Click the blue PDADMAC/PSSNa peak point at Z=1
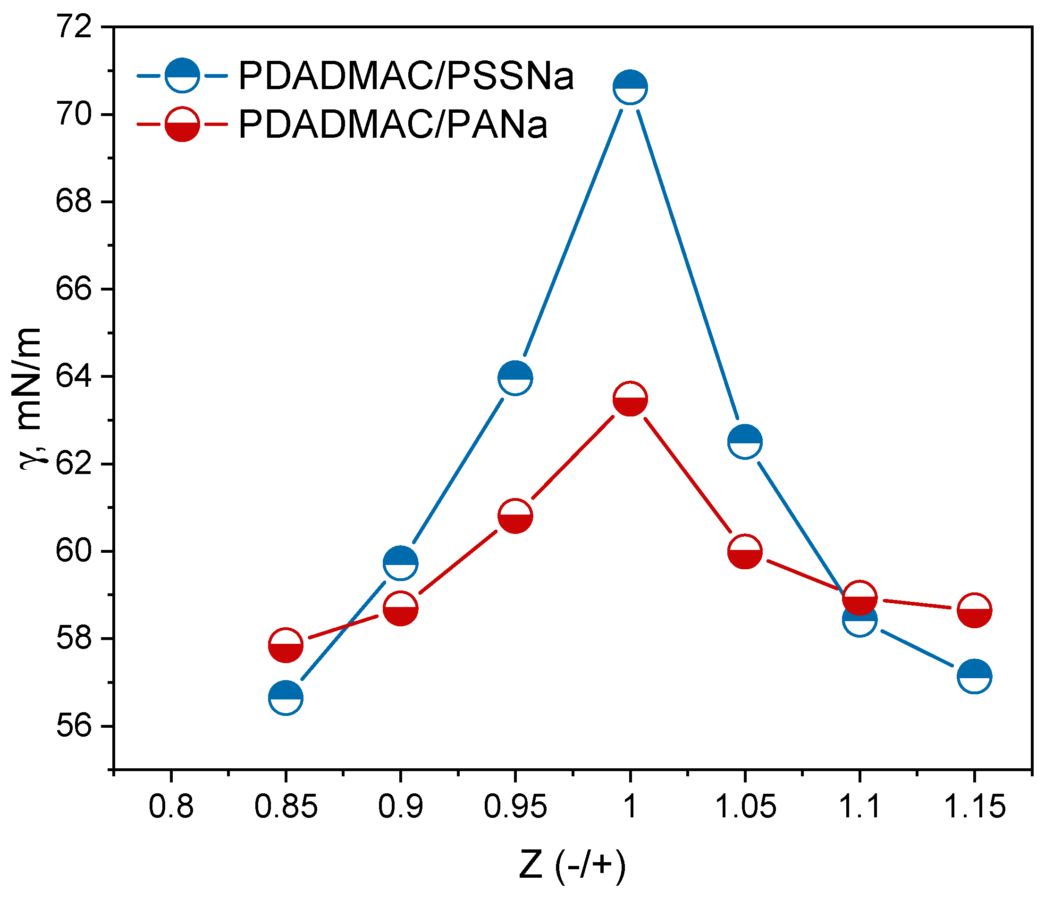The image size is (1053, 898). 630,87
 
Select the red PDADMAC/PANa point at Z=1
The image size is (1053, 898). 630,399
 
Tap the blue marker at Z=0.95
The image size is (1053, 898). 515,378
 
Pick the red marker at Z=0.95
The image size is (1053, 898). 515,516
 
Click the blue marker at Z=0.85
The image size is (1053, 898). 286,698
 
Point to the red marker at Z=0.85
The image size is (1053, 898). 286,645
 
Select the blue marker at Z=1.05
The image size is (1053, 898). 745,441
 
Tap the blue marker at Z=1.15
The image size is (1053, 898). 974,676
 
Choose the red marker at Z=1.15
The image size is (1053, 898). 974,610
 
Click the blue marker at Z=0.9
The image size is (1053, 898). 400,563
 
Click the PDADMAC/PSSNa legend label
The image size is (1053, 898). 406,77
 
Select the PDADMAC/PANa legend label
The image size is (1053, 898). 393,125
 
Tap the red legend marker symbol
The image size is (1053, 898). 182,125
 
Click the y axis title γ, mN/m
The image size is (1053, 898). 32,399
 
